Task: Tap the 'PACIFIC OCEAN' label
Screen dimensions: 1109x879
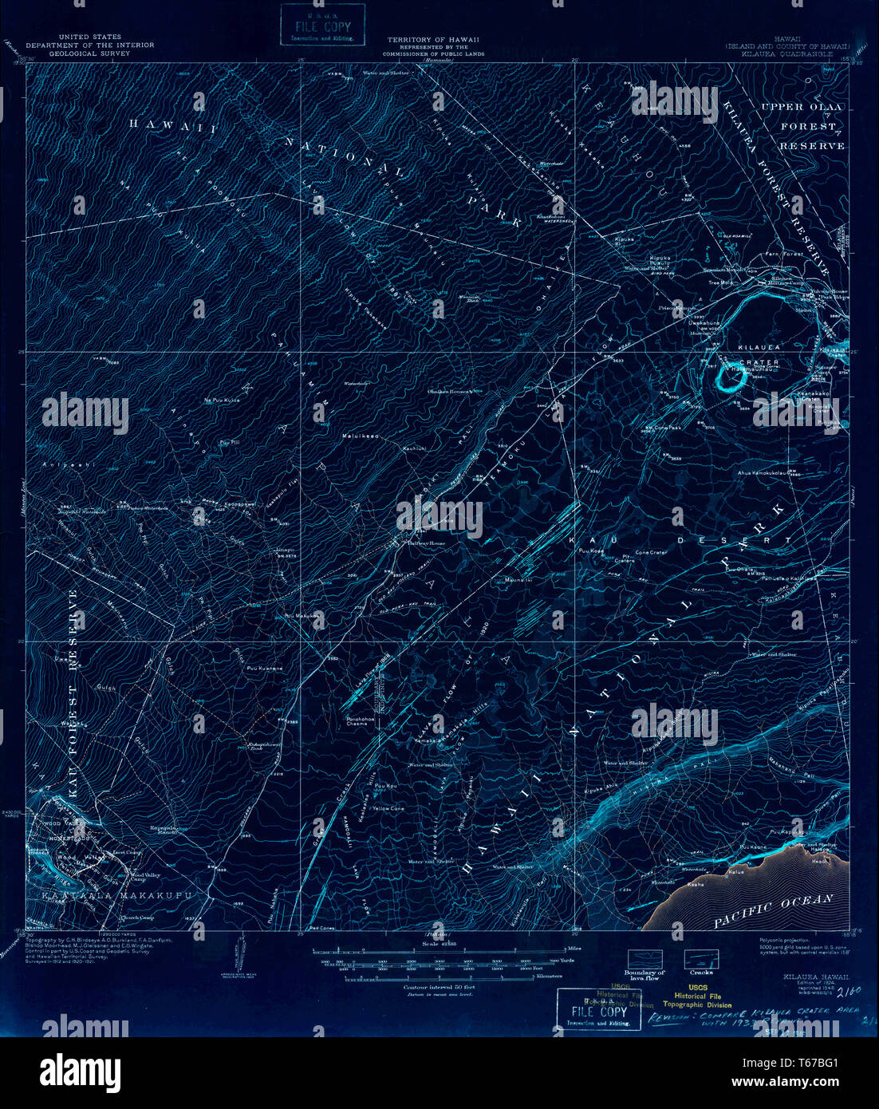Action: [x=773, y=910]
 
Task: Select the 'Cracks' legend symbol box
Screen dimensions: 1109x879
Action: [x=701, y=958]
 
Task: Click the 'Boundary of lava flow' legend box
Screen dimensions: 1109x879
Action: [x=644, y=958]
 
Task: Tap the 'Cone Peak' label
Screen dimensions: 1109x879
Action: [x=668, y=428]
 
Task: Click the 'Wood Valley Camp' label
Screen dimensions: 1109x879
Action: [x=145, y=877]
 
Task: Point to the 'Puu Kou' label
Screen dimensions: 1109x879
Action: [x=385, y=786]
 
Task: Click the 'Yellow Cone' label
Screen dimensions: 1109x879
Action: [x=388, y=808]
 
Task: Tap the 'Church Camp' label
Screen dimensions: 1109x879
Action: [x=136, y=918]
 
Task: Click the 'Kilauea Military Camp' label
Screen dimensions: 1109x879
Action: [x=786, y=282]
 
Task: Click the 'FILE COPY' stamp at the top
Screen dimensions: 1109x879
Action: [x=323, y=25]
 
